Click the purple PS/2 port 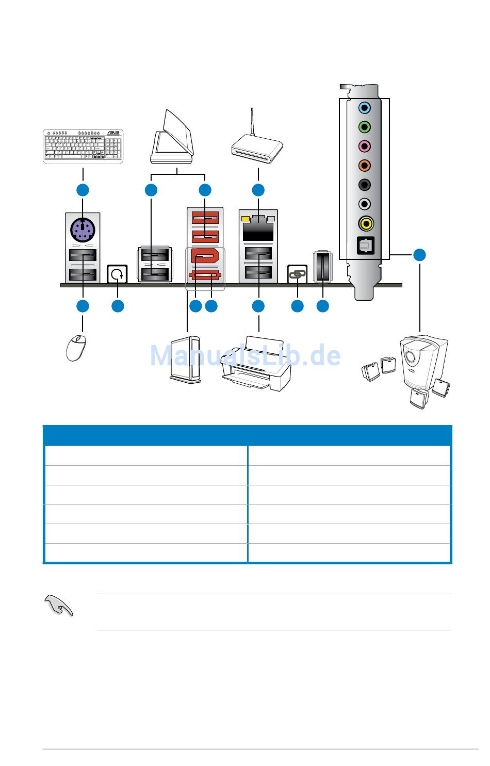coord(83,229)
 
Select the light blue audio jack coord(365,108)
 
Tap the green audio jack coord(365,127)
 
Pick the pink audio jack coord(365,146)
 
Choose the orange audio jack coord(365,166)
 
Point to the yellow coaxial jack coord(365,223)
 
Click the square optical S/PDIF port coord(365,245)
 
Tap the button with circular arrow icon coord(117,274)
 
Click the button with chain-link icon coord(297,274)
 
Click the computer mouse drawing coord(75,347)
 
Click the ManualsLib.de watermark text coord(245,356)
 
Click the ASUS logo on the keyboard coord(112,133)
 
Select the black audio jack coord(365,185)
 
